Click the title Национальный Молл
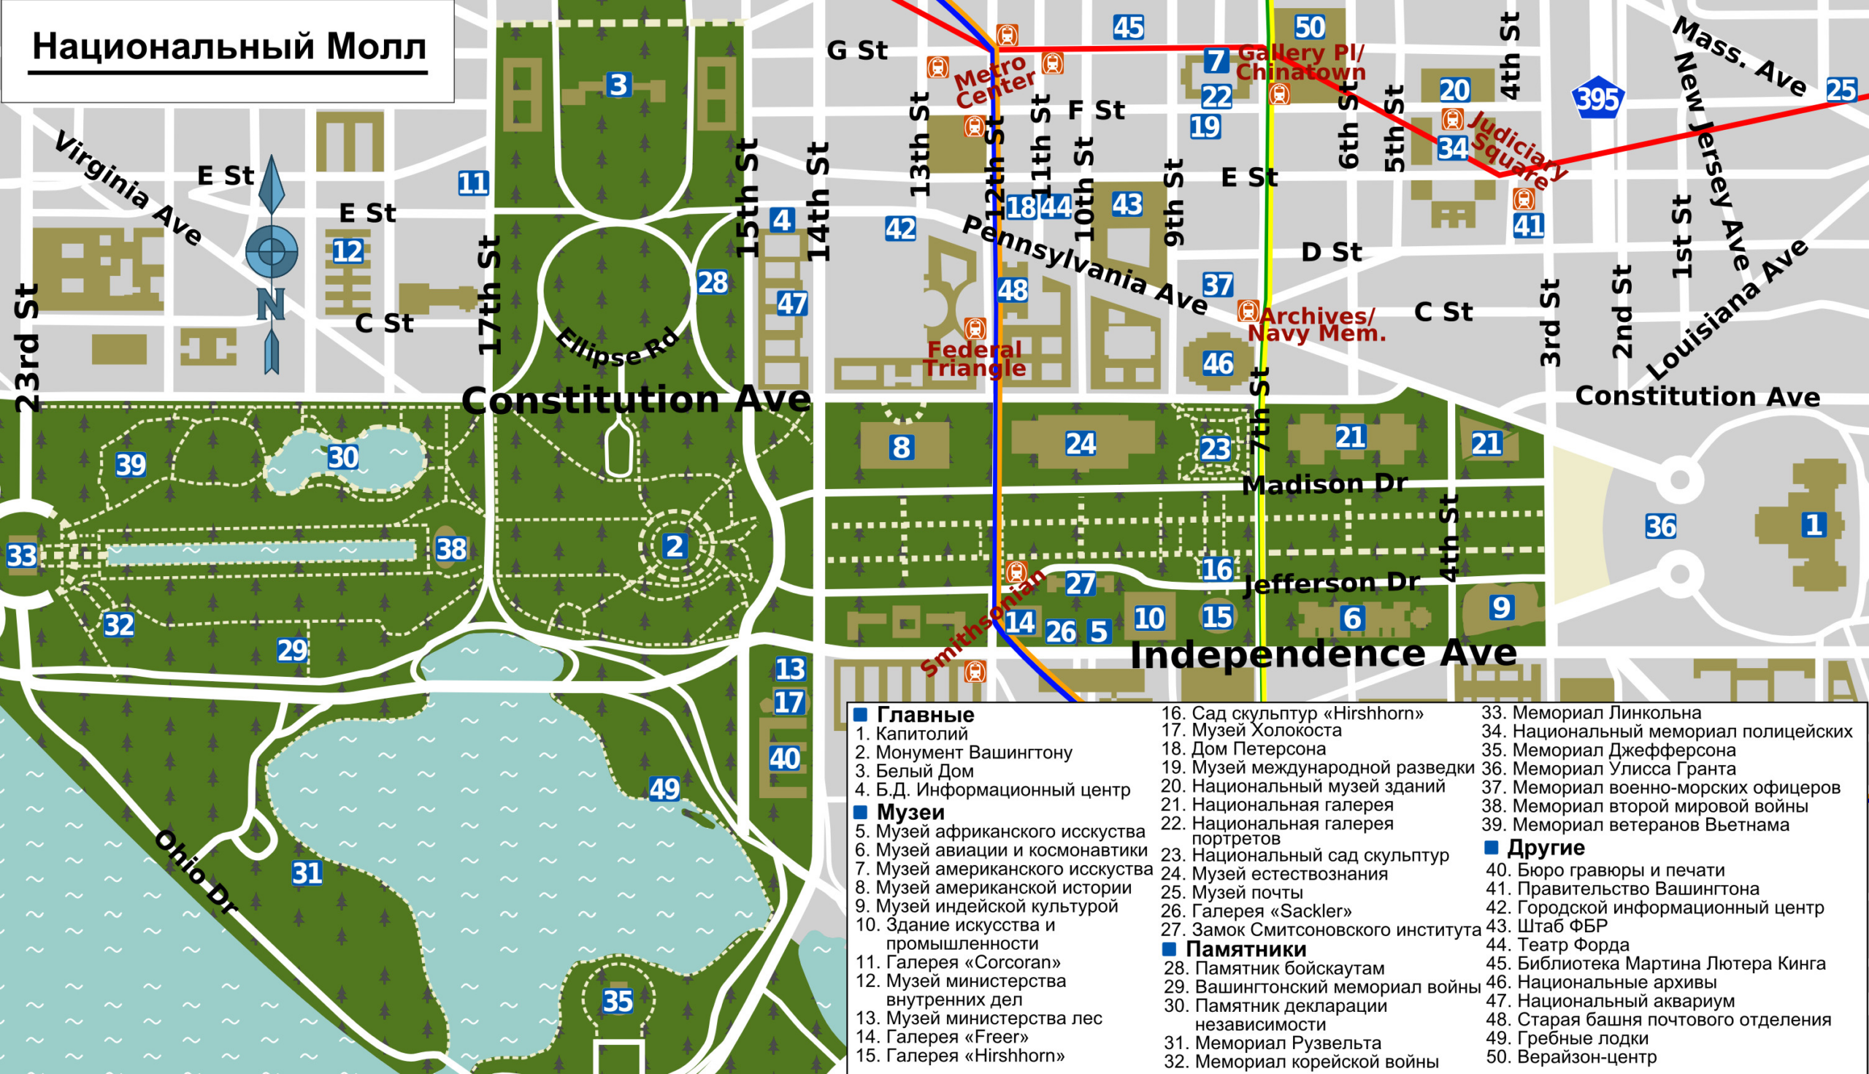(229, 47)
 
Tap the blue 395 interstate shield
(1597, 99)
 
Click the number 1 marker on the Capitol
(1814, 524)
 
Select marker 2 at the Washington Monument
(674, 547)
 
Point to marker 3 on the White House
(618, 85)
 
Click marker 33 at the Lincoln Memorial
(21, 556)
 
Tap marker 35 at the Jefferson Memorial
(618, 1001)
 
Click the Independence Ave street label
(1323, 653)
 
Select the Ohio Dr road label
(196, 872)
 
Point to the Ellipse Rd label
(617, 347)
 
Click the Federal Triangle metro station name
(975, 358)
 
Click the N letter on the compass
(271, 304)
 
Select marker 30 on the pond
(343, 457)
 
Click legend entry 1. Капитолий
(912, 734)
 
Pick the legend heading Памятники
(1245, 948)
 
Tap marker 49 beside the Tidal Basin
(664, 789)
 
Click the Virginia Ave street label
(128, 188)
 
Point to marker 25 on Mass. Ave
(1841, 90)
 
